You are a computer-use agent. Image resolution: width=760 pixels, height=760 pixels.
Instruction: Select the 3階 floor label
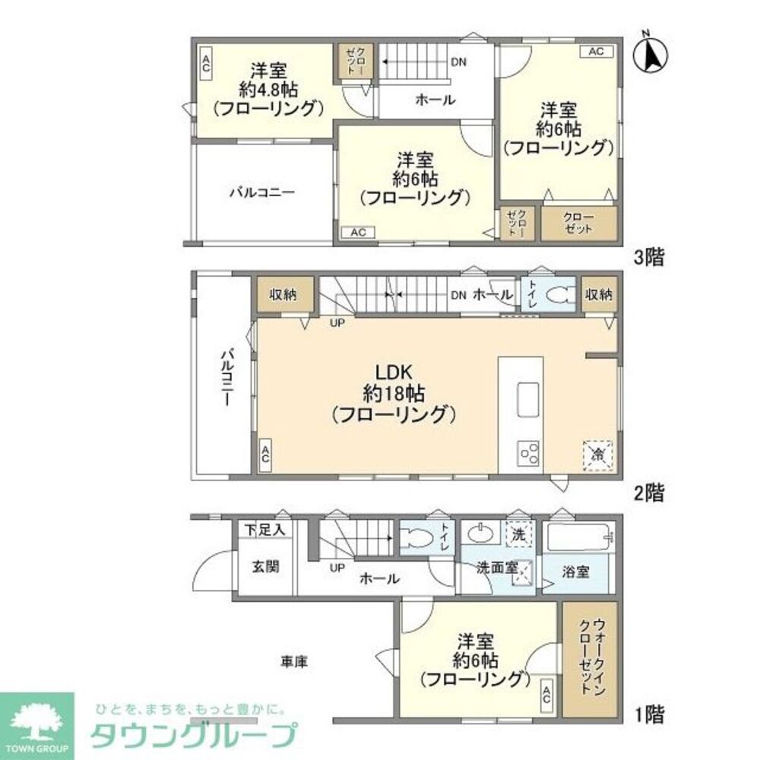tap(651, 258)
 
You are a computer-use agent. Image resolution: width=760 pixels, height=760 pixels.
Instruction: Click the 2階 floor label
tap(651, 492)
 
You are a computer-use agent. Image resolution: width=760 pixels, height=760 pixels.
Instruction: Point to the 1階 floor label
tap(650, 714)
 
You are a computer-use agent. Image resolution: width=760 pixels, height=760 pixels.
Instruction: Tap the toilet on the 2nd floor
tap(561, 296)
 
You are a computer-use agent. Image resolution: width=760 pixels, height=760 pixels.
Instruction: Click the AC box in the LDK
tap(266, 455)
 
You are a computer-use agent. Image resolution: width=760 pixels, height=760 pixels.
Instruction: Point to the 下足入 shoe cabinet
tap(264, 529)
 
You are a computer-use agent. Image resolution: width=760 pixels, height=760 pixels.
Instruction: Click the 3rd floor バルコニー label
tap(262, 192)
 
